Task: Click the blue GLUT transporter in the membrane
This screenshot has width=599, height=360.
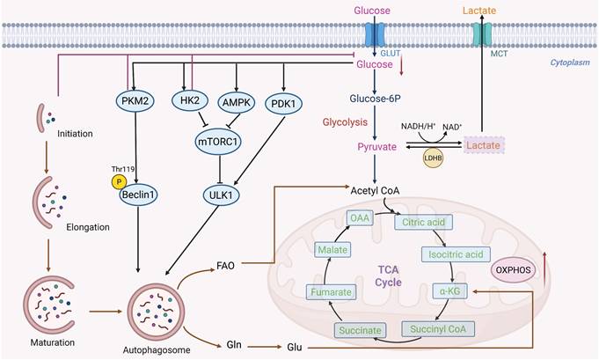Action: tap(376, 35)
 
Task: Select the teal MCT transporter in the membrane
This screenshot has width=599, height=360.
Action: tap(480, 35)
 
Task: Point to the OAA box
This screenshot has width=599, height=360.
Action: tap(360, 217)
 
